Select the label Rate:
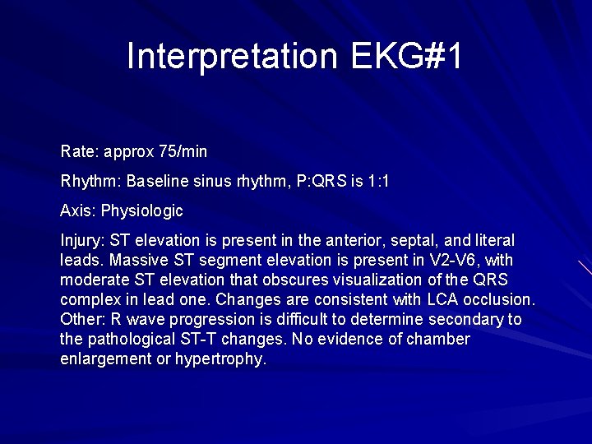coord(80,152)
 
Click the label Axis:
coord(78,210)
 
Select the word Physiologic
coord(142,211)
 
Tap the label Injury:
coord(81,241)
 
